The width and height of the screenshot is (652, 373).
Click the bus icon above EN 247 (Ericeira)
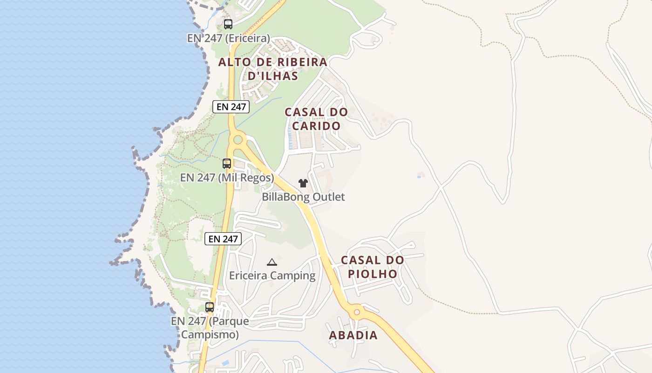pos(228,24)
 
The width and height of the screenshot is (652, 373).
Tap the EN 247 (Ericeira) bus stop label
pos(228,38)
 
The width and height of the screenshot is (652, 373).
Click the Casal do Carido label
pos(316,119)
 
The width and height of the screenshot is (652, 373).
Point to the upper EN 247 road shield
pos(231,107)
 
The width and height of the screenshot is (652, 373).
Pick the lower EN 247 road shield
pos(224,239)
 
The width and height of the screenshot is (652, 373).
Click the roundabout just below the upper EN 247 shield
pos(238,139)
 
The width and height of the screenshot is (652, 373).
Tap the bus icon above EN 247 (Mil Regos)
pos(227,164)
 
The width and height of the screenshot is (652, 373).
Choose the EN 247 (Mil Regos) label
pos(227,178)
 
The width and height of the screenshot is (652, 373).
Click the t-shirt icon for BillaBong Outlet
pos(303,183)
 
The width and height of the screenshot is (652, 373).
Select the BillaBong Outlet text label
pos(303,197)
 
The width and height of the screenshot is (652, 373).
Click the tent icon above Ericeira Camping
pos(272,262)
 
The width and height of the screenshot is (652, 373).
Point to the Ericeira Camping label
pos(272,276)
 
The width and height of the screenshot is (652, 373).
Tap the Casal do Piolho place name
pos(373,267)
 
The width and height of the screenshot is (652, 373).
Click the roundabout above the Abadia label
pos(357,311)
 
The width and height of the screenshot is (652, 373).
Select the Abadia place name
pos(353,335)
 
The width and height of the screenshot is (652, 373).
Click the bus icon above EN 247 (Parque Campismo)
pos(210,307)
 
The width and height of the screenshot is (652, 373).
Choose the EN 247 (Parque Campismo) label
pos(210,328)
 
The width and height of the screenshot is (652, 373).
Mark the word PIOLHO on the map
pos(373,274)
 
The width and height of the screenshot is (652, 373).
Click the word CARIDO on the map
pos(316,126)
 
